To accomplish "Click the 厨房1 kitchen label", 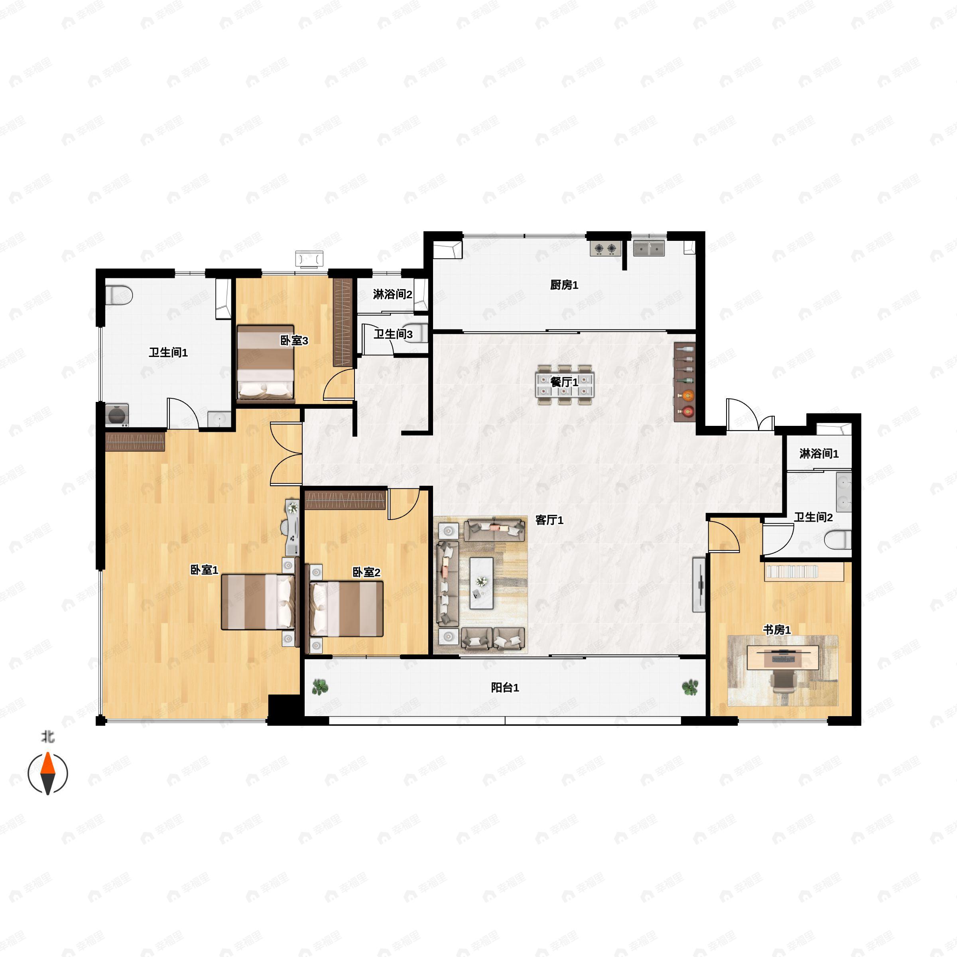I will [x=564, y=285].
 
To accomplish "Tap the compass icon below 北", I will [x=47, y=773].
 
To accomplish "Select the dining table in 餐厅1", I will [x=564, y=385].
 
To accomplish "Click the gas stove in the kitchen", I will [x=605, y=248].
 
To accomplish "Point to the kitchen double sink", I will [x=649, y=248].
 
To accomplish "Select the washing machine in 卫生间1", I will [x=117, y=415].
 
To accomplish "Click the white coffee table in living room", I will [x=481, y=583].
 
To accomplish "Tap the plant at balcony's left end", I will [x=320, y=687].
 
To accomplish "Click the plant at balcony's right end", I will [x=690, y=687].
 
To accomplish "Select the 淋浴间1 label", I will [x=819, y=454].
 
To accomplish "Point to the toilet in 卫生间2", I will [x=838, y=540].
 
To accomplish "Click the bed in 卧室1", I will [x=258, y=602].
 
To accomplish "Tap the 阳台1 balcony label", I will [x=505, y=687].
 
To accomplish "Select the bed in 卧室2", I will [x=347, y=609].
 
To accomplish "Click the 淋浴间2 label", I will [x=392, y=295].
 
